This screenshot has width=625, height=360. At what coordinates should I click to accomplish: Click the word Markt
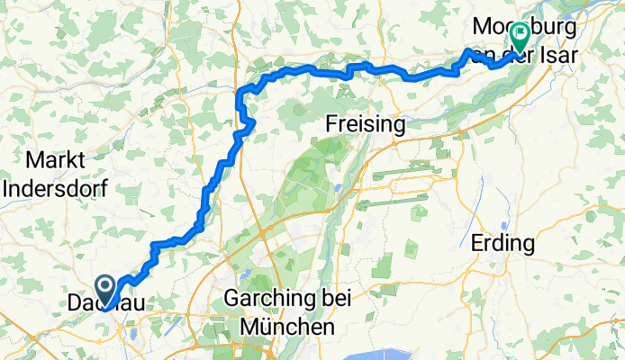point(57,162)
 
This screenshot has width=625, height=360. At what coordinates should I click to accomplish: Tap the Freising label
point(366,125)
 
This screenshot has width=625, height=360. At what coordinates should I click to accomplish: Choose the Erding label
point(503,243)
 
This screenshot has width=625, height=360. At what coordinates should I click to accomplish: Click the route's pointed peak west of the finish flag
point(468,50)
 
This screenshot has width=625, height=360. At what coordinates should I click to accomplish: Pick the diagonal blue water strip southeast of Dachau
point(132,334)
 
